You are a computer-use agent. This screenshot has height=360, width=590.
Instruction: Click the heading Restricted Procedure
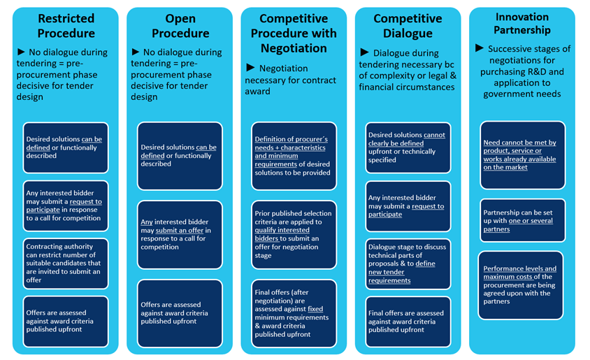[66, 26]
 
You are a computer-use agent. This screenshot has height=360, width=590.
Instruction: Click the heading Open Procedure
[180, 26]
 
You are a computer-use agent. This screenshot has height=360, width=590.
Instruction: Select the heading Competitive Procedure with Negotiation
[293, 33]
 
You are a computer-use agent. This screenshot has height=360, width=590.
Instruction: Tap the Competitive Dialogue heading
[407, 26]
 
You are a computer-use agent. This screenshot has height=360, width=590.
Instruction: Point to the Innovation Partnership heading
[522, 23]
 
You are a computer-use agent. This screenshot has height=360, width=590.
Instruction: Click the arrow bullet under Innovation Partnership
[480, 48]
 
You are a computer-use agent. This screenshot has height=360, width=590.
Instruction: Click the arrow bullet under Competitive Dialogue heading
[365, 53]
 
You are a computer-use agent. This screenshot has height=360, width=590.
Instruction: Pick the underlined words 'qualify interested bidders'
[282, 233]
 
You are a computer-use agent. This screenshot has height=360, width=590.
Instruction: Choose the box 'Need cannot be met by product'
[521, 154]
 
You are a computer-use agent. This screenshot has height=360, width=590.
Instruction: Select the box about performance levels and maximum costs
[521, 285]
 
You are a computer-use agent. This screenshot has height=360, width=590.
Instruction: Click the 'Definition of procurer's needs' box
[294, 156]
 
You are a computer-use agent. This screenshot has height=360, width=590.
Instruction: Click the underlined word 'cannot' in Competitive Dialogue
[434, 135]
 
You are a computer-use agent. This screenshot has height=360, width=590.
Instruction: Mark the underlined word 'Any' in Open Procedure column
[147, 222]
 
